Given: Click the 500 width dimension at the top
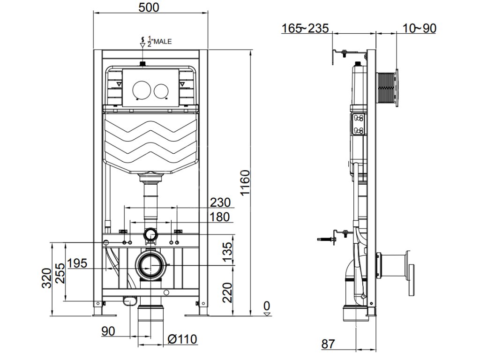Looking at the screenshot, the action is click(149, 7).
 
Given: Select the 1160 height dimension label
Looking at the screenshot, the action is click(245, 183).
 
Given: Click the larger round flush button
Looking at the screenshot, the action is click(142, 90).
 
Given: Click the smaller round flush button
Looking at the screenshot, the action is click(161, 90).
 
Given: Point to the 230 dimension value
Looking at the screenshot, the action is click(220, 202).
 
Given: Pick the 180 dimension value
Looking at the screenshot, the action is click(219, 217).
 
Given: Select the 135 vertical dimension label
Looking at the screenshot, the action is click(227, 252).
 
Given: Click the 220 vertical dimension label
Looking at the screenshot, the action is click(227, 292).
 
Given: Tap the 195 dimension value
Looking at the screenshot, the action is click(77, 263).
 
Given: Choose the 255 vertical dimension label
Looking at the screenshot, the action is click(60, 273).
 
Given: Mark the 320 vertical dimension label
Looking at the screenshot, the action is click(46, 278).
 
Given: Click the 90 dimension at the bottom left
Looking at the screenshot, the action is click(108, 331).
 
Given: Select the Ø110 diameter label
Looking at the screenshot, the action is click(182, 339).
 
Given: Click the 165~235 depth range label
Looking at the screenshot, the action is click(305, 29).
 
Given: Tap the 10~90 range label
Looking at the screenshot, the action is click(420, 29).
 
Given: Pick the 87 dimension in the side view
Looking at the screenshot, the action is click(328, 344).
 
